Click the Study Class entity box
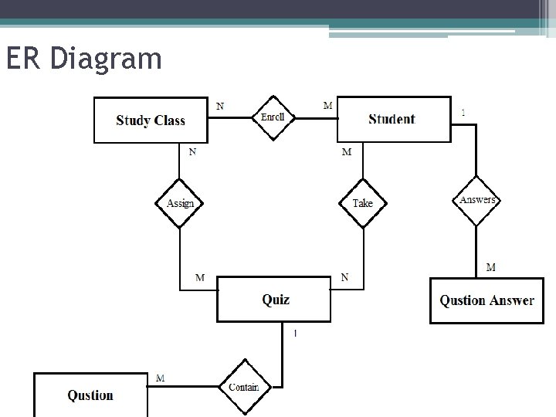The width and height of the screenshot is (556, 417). tap(151, 120)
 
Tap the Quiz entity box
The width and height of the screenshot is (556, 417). tap(275, 299)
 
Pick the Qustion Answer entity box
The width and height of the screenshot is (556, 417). tap(486, 300)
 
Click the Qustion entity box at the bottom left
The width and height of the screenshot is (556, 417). tap(90, 395)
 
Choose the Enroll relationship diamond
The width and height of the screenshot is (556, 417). tap(273, 117)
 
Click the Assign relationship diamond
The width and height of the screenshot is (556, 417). tap(181, 203)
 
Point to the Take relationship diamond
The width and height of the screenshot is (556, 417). tap(362, 203)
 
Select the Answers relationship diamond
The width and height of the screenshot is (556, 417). tap(477, 200)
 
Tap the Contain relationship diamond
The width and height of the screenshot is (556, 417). tap(244, 387)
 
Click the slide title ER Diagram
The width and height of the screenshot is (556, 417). tap(83, 59)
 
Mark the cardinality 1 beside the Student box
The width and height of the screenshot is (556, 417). tap(463, 113)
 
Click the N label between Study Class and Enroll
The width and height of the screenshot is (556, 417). tap(221, 106)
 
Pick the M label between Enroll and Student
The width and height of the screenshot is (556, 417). tap(328, 106)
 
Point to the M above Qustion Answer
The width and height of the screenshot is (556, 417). tap(491, 267)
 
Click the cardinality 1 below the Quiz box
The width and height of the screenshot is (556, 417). tap(294, 334)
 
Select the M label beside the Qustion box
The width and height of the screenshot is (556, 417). tap(160, 378)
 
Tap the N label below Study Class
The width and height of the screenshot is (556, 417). tap(192, 152)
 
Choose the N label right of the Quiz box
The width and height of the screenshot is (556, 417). tap(344, 276)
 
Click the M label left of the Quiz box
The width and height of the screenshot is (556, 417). tap(200, 277)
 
